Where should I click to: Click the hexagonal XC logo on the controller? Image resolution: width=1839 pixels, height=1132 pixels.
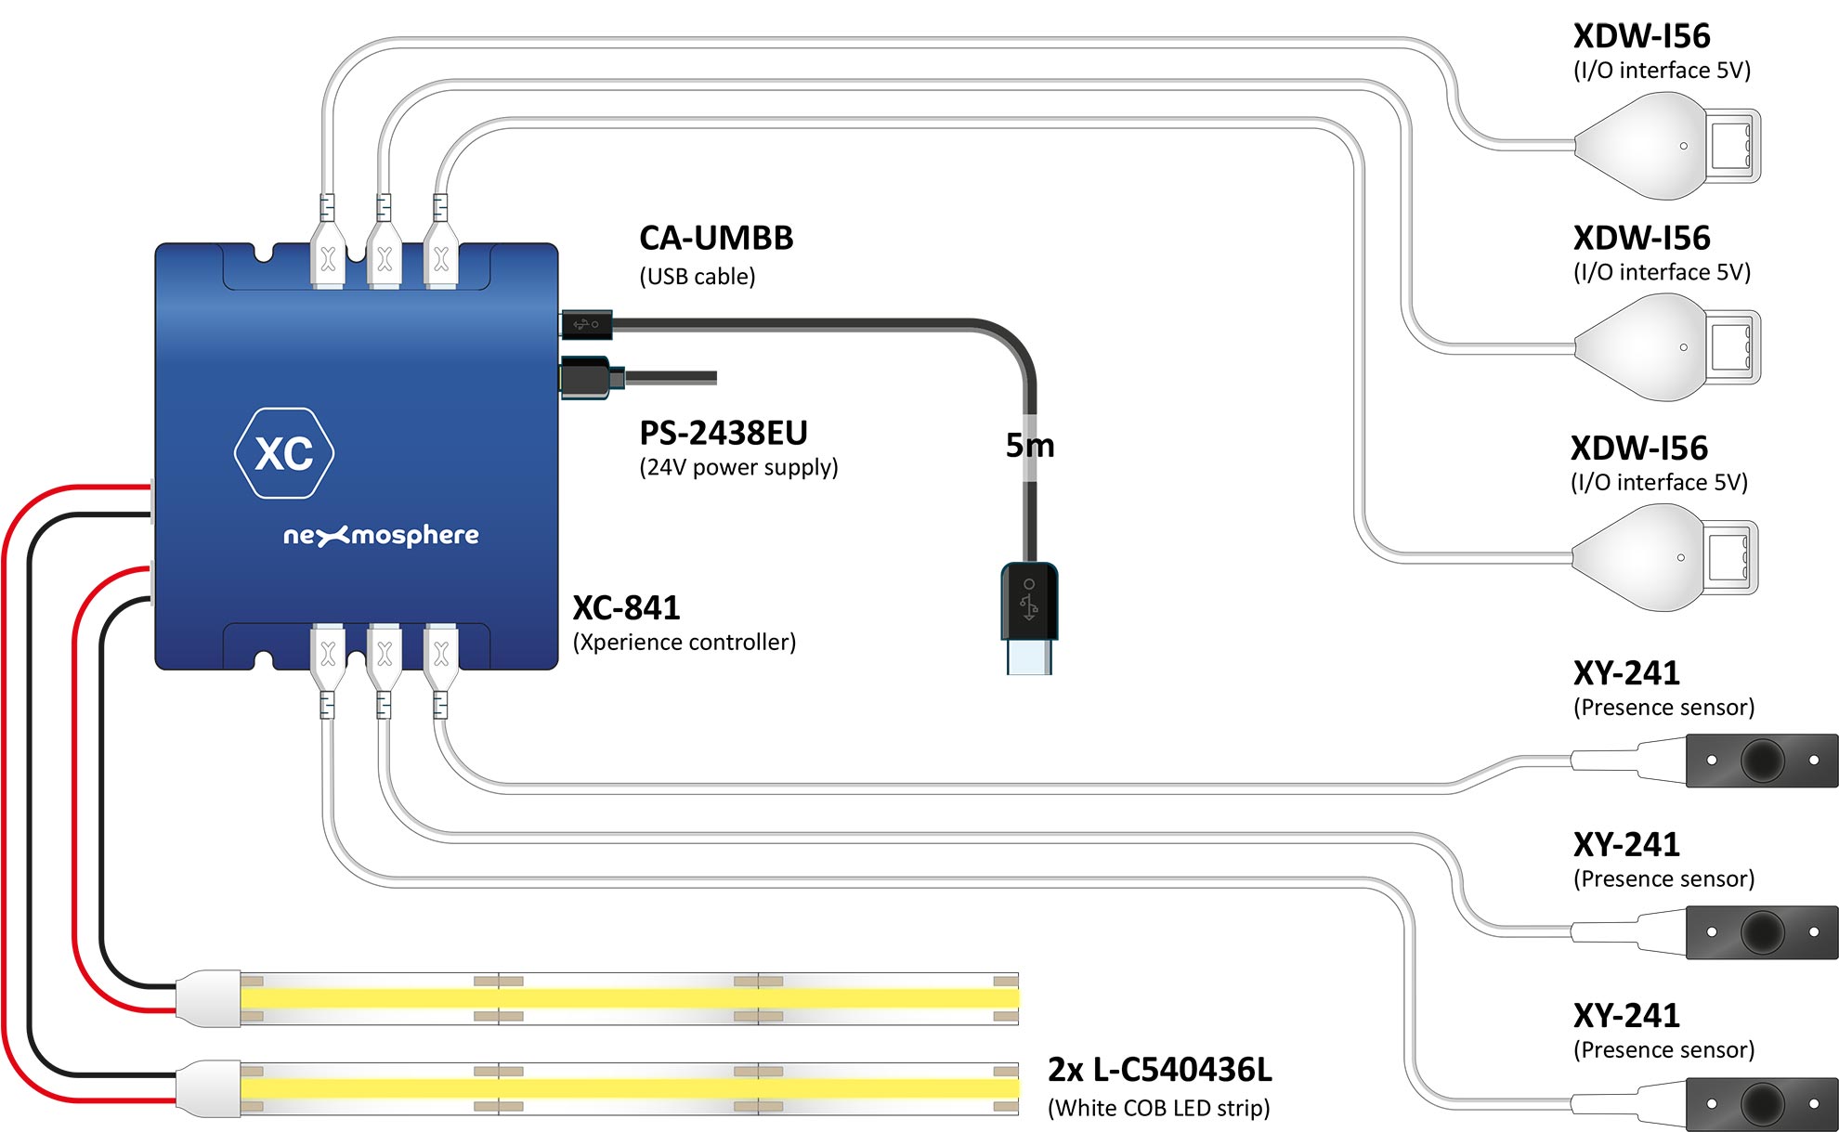pos(284,453)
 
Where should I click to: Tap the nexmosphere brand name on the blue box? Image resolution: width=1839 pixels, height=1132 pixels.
pos(381,536)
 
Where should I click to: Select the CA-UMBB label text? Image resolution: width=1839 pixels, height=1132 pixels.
pos(716,238)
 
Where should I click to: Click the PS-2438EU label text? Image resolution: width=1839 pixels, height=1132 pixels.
pos(724,433)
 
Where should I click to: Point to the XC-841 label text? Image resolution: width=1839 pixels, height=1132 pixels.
pos(626,608)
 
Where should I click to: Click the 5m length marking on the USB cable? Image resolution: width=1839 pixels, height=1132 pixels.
pos(1030,446)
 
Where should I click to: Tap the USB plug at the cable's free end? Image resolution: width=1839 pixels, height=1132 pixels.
pos(1029,618)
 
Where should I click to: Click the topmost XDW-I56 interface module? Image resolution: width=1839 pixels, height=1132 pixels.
pos(1667,146)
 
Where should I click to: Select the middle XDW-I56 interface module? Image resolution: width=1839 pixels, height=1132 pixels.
pos(1667,347)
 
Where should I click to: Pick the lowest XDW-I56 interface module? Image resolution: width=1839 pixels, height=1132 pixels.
pos(1664,557)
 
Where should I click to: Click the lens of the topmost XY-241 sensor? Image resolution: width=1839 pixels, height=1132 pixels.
pos(1762,761)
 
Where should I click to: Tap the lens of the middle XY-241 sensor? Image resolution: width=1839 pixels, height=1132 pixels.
pos(1762,932)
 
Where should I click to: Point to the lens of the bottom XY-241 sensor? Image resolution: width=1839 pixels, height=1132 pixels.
pos(1762,1104)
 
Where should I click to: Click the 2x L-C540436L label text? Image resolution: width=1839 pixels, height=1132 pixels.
pos(1159,1070)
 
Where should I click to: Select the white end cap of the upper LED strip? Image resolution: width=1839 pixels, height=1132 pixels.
pos(209,998)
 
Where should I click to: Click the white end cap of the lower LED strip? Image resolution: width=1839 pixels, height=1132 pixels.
pos(209,1088)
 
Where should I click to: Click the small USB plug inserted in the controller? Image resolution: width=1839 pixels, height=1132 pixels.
pos(586,324)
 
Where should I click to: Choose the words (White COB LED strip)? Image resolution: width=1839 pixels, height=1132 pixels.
pos(1158,1108)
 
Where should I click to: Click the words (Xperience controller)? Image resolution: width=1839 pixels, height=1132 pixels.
pos(685,643)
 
